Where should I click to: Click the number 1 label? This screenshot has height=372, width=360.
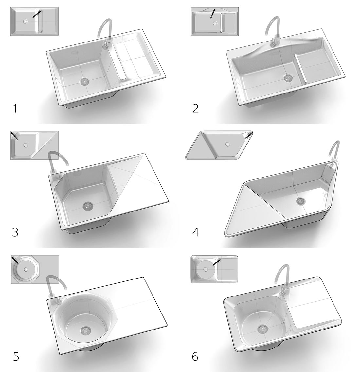(x=14, y=108)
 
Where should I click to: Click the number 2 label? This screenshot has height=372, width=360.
(x=195, y=108)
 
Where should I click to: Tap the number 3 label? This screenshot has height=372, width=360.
(x=15, y=232)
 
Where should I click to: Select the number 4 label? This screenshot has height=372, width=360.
(x=196, y=232)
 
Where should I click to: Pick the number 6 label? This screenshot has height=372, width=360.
(x=195, y=356)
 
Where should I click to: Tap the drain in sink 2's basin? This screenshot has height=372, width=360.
(x=288, y=78)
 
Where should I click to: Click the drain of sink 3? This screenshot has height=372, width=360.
(x=87, y=206)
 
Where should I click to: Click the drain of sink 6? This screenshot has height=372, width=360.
(x=262, y=329)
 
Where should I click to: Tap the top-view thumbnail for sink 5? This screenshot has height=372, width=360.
(x=35, y=269)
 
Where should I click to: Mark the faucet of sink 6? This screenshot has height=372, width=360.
(x=283, y=278)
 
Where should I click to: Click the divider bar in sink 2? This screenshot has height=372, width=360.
(x=301, y=69)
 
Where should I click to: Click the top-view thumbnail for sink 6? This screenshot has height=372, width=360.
(x=215, y=269)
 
